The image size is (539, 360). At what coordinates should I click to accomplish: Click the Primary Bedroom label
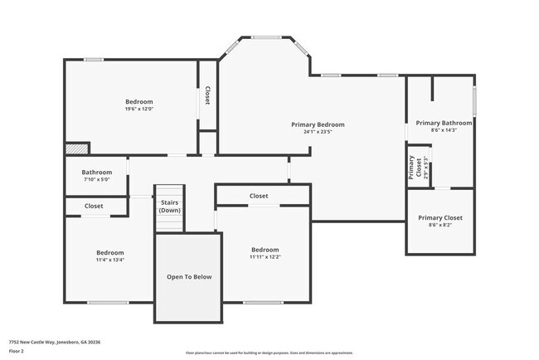pyautogui.click(x=318, y=124)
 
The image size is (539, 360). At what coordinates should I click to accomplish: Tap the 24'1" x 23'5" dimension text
pyautogui.click(x=318, y=132)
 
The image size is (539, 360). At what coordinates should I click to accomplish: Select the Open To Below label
pyautogui.click(x=189, y=276)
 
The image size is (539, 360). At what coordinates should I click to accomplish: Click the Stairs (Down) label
pyautogui.click(x=170, y=207)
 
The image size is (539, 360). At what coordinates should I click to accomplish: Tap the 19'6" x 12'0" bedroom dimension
pyautogui.click(x=139, y=109)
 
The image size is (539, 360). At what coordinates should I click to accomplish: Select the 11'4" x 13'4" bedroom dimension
pyautogui.click(x=109, y=260)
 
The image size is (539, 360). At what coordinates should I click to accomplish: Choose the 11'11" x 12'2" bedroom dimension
pyautogui.click(x=265, y=256)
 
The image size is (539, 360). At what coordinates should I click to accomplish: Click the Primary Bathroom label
pyautogui.click(x=439, y=122)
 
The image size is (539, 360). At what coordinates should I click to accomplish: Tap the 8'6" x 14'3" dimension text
pyautogui.click(x=439, y=129)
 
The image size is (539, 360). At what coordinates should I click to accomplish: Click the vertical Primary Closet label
pyautogui.click(x=411, y=167)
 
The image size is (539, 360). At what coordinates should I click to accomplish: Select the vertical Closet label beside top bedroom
pyautogui.click(x=207, y=95)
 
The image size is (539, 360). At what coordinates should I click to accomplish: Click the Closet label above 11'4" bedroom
pyautogui.click(x=94, y=206)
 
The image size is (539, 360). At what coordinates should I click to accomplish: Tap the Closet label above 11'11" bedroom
pyautogui.click(x=259, y=196)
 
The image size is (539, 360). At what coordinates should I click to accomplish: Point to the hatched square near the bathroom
pyautogui.click(x=76, y=148)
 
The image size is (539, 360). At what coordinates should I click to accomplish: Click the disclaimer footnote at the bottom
pyautogui.click(x=269, y=352)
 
